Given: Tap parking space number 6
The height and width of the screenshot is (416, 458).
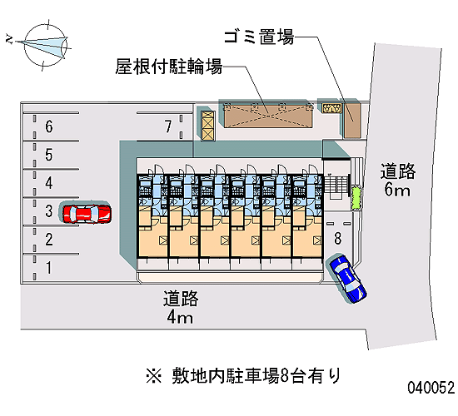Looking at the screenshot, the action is (49, 126).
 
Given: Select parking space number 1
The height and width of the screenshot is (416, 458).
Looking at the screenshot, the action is (49, 268).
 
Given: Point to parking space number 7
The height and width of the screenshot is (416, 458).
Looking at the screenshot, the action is (168, 126).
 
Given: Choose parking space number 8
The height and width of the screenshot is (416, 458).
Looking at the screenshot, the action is (338, 238).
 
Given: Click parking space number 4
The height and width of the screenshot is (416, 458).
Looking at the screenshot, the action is (49, 183).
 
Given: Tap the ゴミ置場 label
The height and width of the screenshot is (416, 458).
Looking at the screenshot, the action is (259, 37).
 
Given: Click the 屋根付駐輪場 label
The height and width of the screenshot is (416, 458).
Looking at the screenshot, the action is (169, 67).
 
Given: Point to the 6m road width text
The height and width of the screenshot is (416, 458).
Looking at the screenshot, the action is (397, 190).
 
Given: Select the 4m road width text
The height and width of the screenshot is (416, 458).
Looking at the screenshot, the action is (180, 317).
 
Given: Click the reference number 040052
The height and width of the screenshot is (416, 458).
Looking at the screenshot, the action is (431, 388).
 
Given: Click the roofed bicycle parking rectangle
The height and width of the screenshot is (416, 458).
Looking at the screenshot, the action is (268, 116).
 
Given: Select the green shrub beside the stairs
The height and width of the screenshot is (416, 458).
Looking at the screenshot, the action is (356, 199).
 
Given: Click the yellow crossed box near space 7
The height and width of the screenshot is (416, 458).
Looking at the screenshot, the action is (208, 126).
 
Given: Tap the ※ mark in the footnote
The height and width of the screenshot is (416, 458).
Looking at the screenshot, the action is (154, 376).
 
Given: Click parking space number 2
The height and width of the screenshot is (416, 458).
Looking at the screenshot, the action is (49, 240).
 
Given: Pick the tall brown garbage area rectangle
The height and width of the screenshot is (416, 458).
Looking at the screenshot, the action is (353, 121).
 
